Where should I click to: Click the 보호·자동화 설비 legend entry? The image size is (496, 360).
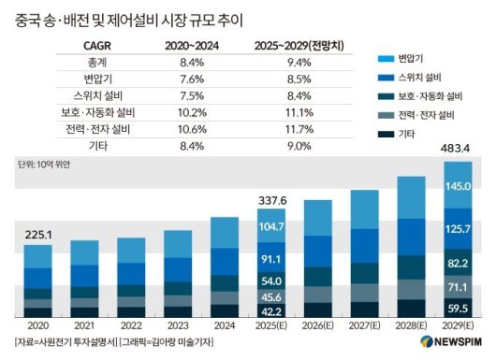point(416,96)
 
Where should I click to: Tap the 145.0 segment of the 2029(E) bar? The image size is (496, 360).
point(458,186)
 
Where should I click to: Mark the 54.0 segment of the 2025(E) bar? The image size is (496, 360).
point(272,280)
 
